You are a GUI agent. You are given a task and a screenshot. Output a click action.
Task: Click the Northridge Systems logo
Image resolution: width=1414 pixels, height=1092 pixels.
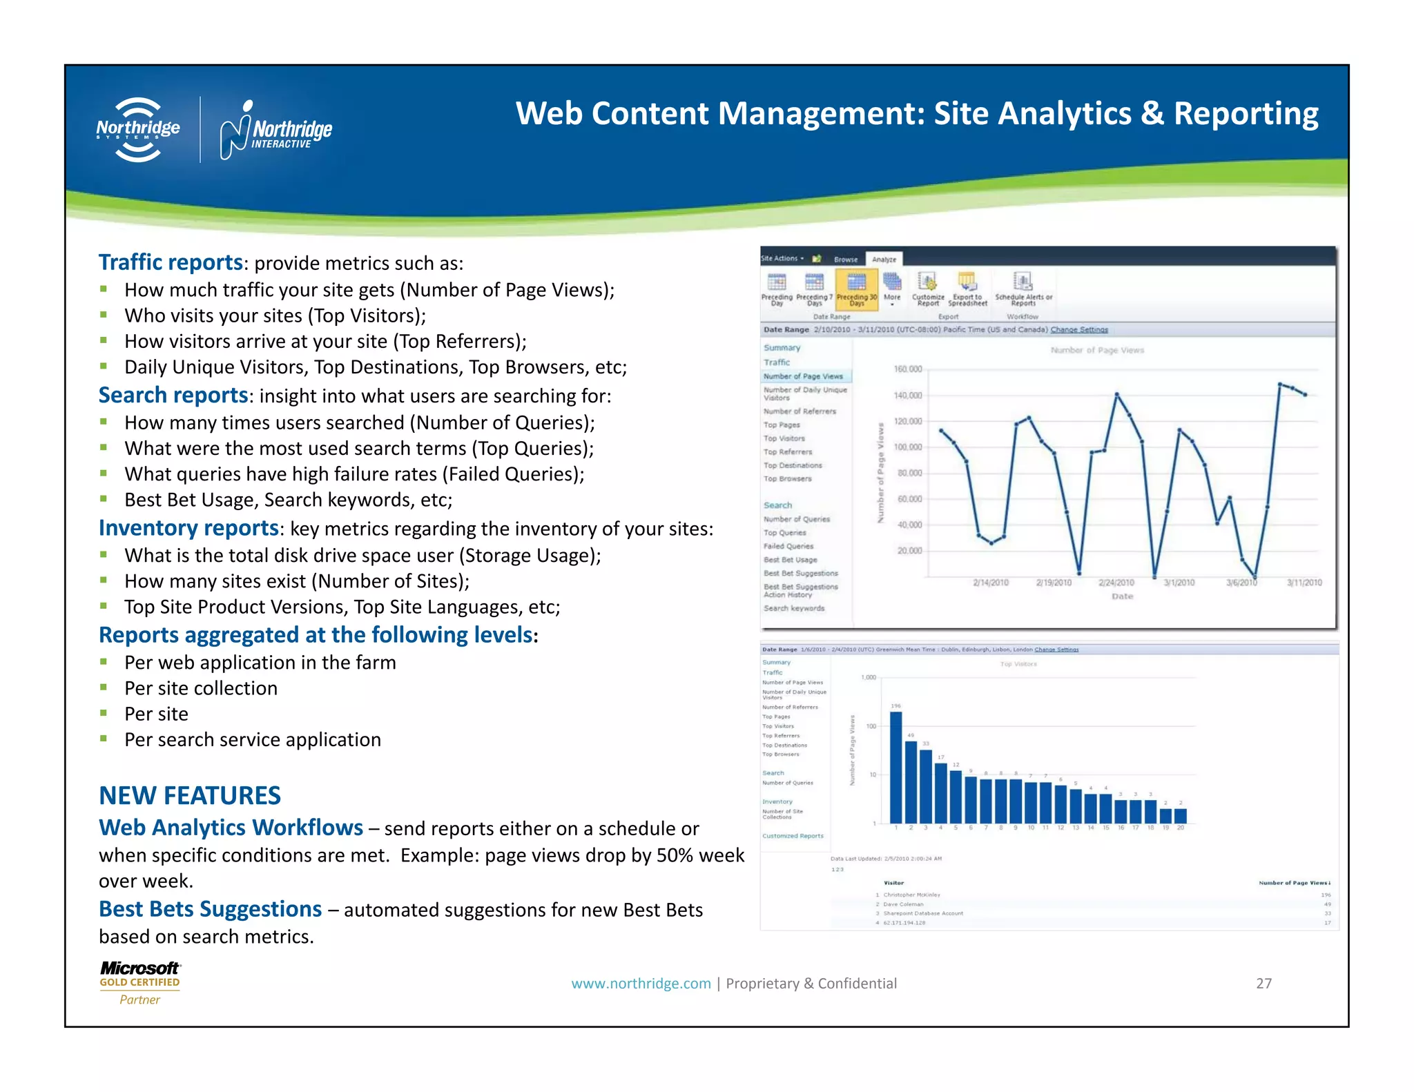pyautogui.click(x=138, y=129)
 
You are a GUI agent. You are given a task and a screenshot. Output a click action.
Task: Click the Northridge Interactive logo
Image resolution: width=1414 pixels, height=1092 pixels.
pyautogui.click(x=275, y=130)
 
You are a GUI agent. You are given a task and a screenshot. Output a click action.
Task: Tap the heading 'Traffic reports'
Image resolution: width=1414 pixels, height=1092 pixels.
pyautogui.click(x=171, y=262)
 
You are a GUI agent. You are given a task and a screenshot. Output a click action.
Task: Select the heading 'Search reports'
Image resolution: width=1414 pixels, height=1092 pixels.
pyautogui.click(x=173, y=395)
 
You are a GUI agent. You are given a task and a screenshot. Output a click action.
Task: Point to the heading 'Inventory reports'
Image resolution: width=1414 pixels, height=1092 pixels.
pyautogui.click(x=188, y=527)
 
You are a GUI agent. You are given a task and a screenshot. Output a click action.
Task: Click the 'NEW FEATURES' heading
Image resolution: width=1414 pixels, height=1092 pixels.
pyautogui.click(x=190, y=795)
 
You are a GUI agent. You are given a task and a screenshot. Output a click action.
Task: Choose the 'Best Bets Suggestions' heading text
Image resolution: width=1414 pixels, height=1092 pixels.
pyautogui.click(x=210, y=909)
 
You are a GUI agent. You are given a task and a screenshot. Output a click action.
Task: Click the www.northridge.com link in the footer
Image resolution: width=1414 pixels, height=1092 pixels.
pyautogui.click(x=641, y=983)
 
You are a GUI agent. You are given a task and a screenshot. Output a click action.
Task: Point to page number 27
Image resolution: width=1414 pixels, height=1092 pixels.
pyautogui.click(x=1263, y=983)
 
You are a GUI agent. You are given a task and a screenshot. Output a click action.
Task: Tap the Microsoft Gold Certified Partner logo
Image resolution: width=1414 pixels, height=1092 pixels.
pyautogui.click(x=139, y=982)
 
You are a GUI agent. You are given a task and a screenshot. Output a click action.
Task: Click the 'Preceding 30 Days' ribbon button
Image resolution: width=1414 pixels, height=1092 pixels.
pyautogui.click(x=856, y=290)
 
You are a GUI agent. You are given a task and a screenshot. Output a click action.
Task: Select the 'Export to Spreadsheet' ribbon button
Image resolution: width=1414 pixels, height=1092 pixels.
pyautogui.click(x=967, y=290)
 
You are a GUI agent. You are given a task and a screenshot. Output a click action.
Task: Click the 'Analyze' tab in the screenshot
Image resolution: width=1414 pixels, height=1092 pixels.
pyautogui.click(x=884, y=260)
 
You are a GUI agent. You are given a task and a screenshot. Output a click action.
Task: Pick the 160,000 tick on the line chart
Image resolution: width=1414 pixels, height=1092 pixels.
pyautogui.click(x=908, y=369)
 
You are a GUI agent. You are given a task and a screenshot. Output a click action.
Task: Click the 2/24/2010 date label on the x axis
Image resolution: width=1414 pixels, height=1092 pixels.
pyautogui.click(x=1116, y=583)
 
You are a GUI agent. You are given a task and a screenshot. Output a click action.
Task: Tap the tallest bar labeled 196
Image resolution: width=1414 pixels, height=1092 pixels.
pyautogui.click(x=895, y=766)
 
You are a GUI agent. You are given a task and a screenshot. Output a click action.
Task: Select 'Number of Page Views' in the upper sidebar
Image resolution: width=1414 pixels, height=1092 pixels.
pyautogui.click(x=803, y=376)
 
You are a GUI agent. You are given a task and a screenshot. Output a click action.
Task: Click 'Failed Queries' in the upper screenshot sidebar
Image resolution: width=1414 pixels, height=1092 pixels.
pyautogui.click(x=788, y=546)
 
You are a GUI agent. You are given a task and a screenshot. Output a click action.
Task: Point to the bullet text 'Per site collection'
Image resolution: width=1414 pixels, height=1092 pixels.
pyautogui.click(x=201, y=688)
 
